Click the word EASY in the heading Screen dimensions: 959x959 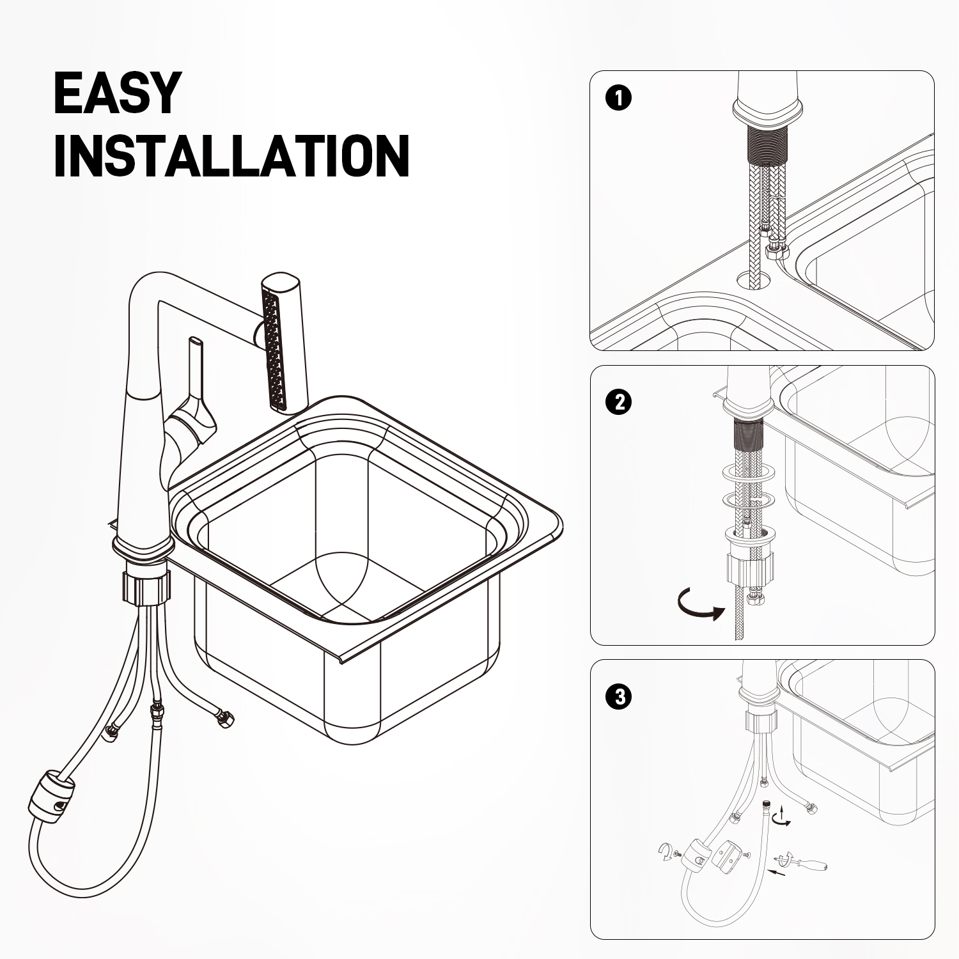coord(117,93)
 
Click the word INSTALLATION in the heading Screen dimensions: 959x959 coord(231,156)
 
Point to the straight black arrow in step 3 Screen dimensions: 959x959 coord(776,872)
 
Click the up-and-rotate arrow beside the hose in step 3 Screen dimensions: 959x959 coord(781,816)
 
